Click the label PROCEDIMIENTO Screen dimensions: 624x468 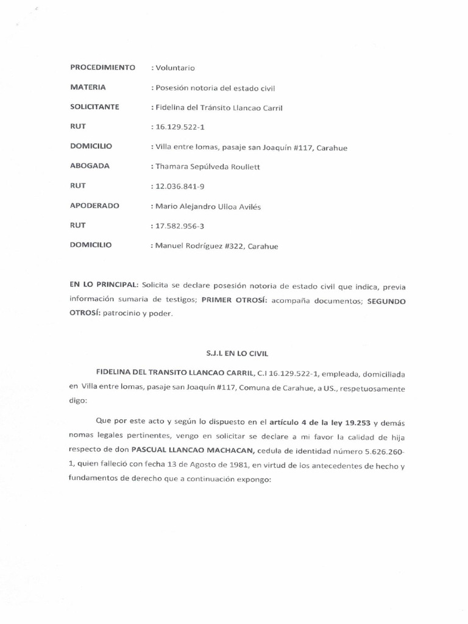(x=102, y=68)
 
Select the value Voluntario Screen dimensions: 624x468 (x=175, y=68)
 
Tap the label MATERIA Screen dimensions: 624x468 (x=88, y=87)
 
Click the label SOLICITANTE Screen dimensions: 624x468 (x=94, y=107)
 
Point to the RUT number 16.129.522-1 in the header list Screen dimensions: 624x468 (x=179, y=127)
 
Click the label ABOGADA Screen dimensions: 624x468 (x=89, y=166)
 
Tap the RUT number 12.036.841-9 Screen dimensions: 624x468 (x=179, y=186)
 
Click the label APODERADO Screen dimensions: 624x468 (x=94, y=206)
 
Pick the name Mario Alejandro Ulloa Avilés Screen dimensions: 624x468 (x=207, y=207)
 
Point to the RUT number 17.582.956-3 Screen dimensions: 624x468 (x=179, y=226)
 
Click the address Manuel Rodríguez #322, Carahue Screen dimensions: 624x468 (x=216, y=246)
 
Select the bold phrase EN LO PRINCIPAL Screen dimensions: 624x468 (x=104, y=285)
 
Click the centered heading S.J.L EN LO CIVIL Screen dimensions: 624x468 (x=234, y=353)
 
